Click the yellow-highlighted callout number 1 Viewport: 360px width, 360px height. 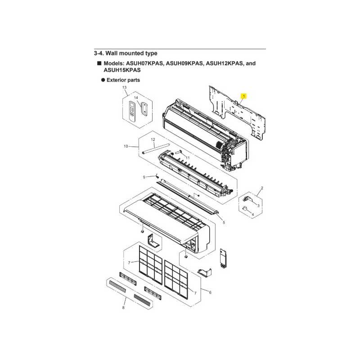click(x=243, y=96)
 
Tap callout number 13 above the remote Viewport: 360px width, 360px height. click(x=124, y=87)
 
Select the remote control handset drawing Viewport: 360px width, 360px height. click(x=132, y=112)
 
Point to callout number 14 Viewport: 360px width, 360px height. click(x=136, y=98)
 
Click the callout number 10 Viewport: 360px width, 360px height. click(x=126, y=146)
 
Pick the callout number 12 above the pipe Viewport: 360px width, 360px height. click(x=153, y=139)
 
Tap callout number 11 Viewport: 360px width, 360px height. click(x=188, y=158)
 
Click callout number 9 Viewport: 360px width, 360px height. click(x=144, y=177)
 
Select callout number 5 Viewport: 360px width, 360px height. click(x=224, y=222)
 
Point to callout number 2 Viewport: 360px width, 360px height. click(x=262, y=188)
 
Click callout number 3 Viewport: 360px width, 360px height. click(x=258, y=206)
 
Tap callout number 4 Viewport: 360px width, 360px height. click(x=253, y=215)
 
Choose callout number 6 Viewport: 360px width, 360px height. click(x=210, y=292)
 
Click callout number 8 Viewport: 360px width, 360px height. click(x=123, y=308)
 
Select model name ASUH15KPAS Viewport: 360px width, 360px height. click(x=122, y=70)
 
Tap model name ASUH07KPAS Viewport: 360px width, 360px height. click(x=145, y=63)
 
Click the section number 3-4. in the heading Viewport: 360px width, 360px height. click(x=99, y=53)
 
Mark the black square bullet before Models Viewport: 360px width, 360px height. click(x=99, y=63)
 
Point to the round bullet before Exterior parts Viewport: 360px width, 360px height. click(x=103, y=80)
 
